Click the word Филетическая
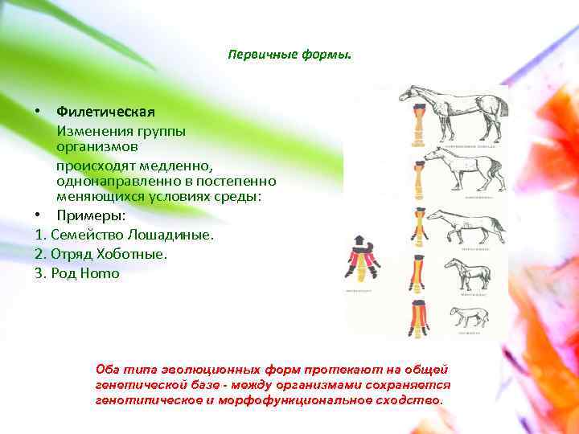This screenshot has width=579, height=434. tap(105, 110)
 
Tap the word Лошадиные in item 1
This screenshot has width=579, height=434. tap(178, 235)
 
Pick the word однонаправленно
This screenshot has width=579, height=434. tap(110, 182)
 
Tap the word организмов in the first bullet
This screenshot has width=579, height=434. tap(96, 147)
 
